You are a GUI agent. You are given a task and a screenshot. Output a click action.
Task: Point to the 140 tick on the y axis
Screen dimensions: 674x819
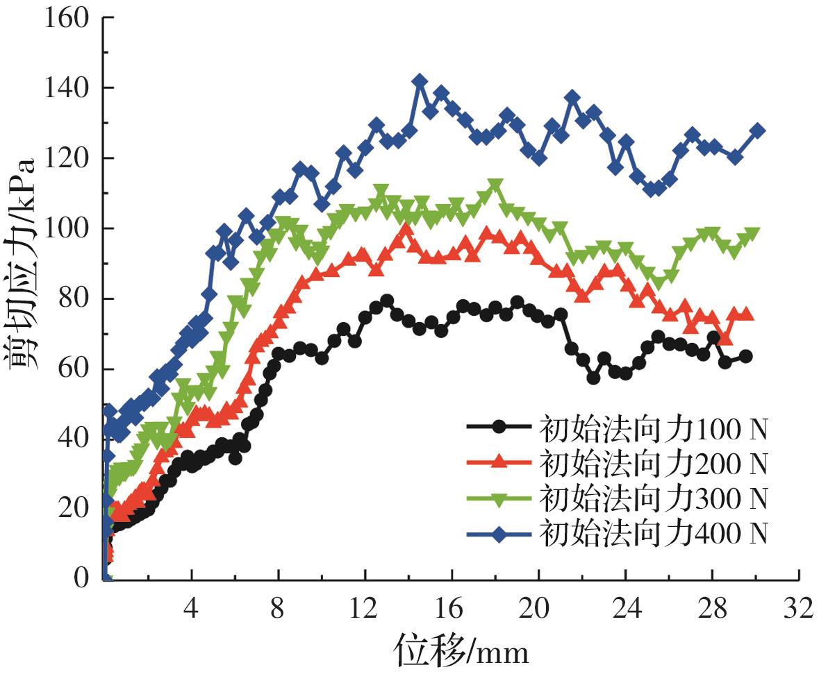tap(67, 88)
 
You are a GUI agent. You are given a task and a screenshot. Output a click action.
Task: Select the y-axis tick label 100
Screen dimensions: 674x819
tap(67, 228)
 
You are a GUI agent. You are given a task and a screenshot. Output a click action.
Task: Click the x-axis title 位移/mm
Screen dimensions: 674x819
tap(462, 651)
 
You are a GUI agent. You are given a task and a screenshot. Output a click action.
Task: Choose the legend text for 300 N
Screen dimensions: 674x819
tap(653, 498)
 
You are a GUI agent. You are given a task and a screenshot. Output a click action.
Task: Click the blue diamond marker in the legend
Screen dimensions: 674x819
tap(499, 533)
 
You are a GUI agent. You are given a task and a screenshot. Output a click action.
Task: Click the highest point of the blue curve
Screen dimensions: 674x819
tap(420, 82)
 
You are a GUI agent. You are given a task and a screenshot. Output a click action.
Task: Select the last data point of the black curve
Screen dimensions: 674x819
tap(746, 356)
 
